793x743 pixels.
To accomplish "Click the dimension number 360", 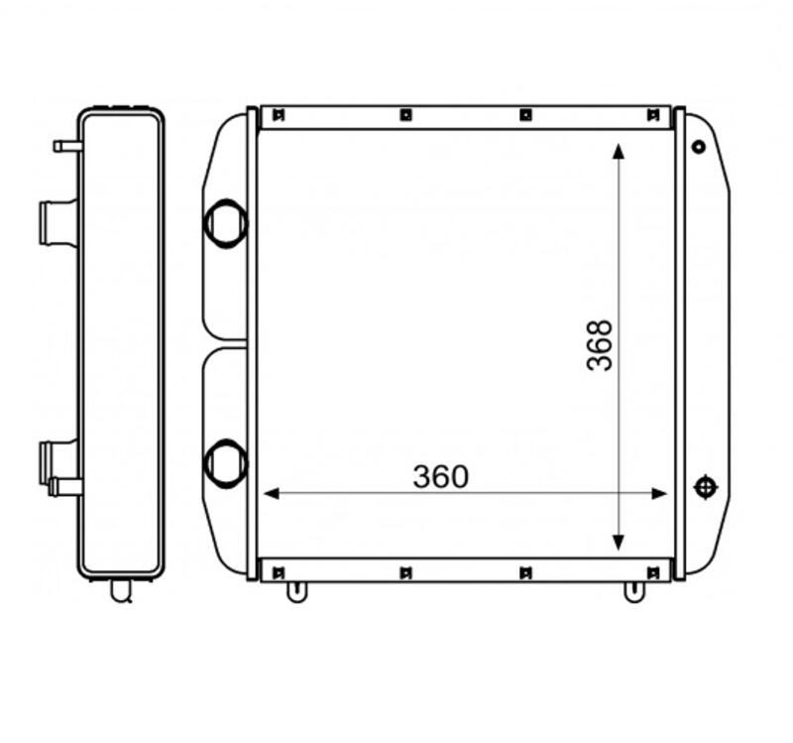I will click(x=440, y=477).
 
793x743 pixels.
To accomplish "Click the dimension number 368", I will click(x=600, y=344).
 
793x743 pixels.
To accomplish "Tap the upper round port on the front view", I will click(x=224, y=221).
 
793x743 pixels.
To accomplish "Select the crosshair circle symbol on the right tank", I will click(x=705, y=487).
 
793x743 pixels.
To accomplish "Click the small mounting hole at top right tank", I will click(x=699, y=147).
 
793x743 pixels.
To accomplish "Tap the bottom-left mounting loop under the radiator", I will click(x=294, y=591).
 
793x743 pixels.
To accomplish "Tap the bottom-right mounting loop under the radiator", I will click(x=631, y=591).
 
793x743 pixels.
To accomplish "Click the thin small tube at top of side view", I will click(x=66, y=147).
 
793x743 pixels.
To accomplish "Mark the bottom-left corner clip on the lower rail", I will click(x=278, y=571).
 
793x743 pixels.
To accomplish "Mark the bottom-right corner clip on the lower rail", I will click(x=651, y=571).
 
